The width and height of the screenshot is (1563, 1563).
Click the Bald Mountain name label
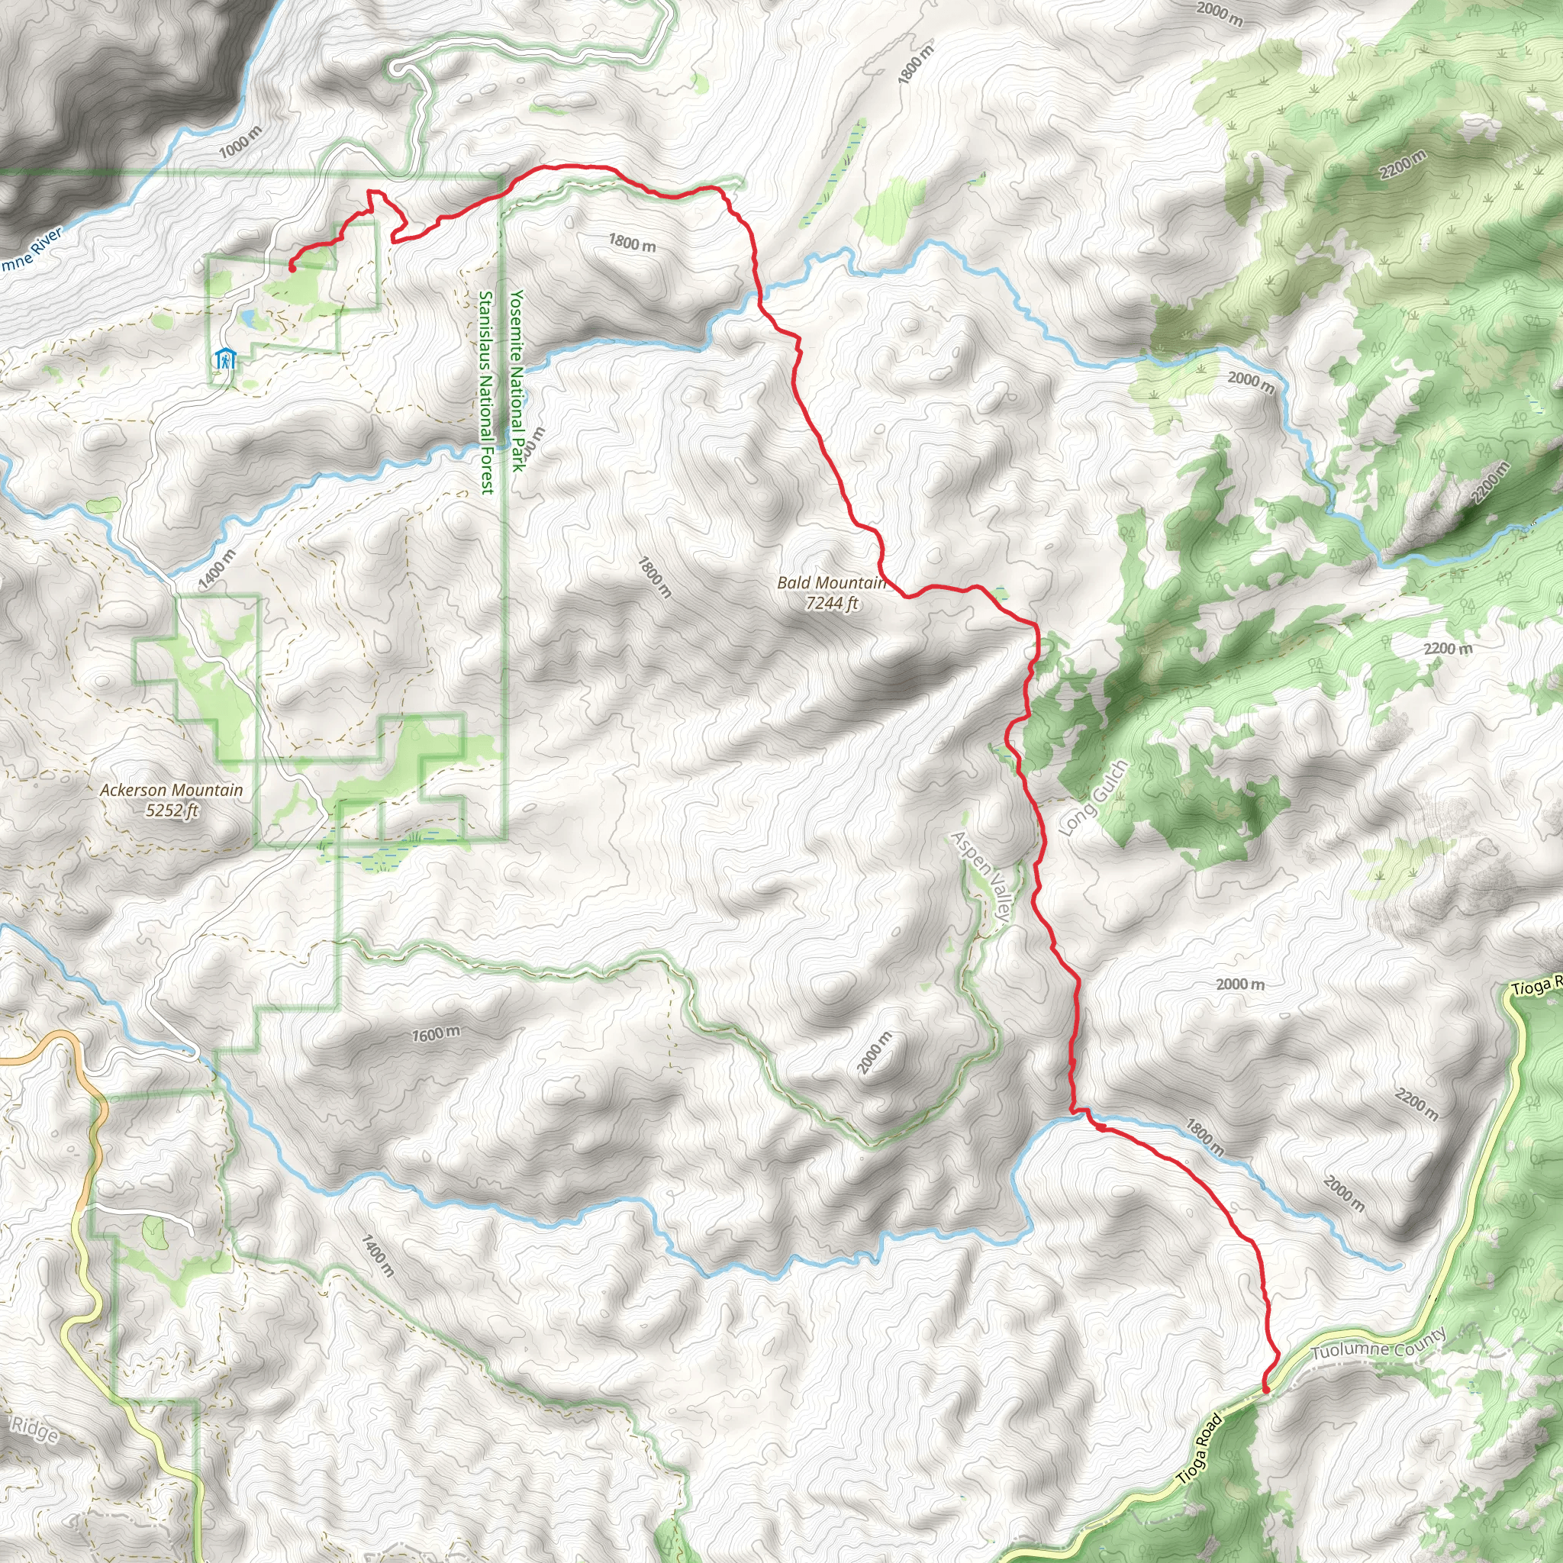point(831,582)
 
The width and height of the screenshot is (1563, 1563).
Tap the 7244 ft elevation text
point(832,603)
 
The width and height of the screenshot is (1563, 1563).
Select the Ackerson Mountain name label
point(171,791)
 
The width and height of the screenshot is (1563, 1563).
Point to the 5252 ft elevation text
point(172,810)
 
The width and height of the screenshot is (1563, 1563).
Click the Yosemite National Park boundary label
point(517,379)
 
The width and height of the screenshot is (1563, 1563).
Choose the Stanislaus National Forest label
point(485,392)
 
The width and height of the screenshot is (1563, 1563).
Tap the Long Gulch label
point(1092,798)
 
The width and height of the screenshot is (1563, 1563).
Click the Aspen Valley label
point(981,877)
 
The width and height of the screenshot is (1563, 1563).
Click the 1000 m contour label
point(240,143)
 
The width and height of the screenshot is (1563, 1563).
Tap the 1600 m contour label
point(436,1034)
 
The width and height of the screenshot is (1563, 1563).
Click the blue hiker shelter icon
point(225,359)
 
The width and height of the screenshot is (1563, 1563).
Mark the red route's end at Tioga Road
point(1265,1389)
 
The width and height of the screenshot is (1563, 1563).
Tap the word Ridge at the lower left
point(34,1429)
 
